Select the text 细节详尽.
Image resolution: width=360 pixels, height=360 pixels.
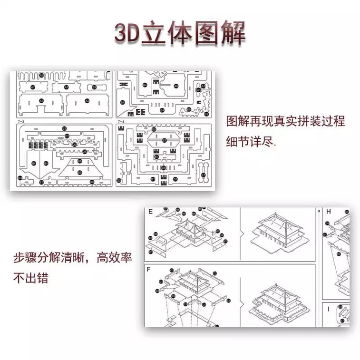(251, 142)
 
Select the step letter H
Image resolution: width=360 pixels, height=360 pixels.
(328, 211)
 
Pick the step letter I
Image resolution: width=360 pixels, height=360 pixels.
(328, 308)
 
